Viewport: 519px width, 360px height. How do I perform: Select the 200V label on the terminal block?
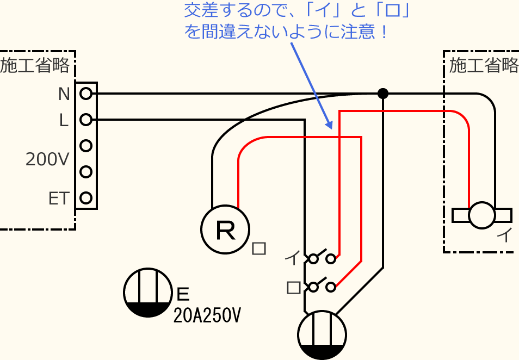[48, 159]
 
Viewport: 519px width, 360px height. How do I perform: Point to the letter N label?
[64, 95]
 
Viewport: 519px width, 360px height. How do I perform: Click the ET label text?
[59, 198]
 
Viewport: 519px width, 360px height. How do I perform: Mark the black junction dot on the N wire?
[383, 94]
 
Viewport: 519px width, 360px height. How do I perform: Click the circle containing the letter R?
[225, 230]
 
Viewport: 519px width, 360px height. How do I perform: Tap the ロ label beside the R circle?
[259, 249]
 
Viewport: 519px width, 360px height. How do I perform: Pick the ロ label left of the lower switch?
[293, 287]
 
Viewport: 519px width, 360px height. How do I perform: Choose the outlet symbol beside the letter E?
[147, 293]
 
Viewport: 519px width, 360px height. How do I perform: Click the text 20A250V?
[206, 315]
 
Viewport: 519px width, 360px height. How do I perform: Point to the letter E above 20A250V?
[183, 294]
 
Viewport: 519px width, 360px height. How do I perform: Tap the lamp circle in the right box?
[482, 215]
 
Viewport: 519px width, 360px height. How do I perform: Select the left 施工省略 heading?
[35, 66]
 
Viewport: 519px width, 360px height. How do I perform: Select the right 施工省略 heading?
[484, 66]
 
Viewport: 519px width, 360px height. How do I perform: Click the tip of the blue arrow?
[330, 128]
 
